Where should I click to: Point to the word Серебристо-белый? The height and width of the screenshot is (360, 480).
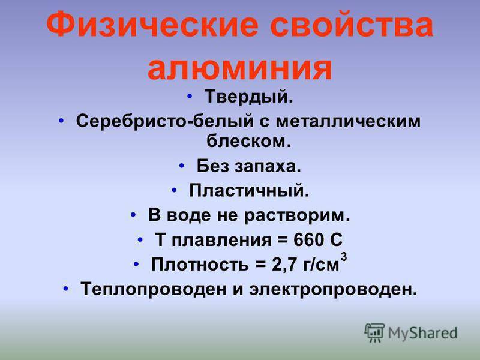[x=165, y=121]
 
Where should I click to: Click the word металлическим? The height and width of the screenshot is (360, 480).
[x=349, y=121]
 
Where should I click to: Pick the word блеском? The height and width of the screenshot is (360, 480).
[x=248, y=141]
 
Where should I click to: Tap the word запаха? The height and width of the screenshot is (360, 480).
[x=268, y=167]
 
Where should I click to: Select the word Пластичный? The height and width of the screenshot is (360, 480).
[x=249, y=191]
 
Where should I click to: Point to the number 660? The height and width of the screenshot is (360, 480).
[x=309, y=239]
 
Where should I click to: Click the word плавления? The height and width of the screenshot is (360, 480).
[x=221, y=240]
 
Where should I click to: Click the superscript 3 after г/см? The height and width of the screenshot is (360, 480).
[x=344, y=257]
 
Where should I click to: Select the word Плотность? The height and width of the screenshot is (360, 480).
[x=200, y=264]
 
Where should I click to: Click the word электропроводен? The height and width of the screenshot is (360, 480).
[x=334, y=289]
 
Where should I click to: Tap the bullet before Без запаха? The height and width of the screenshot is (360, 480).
[x=182, y=166]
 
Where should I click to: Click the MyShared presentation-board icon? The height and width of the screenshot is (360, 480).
[x=374, y=332]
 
